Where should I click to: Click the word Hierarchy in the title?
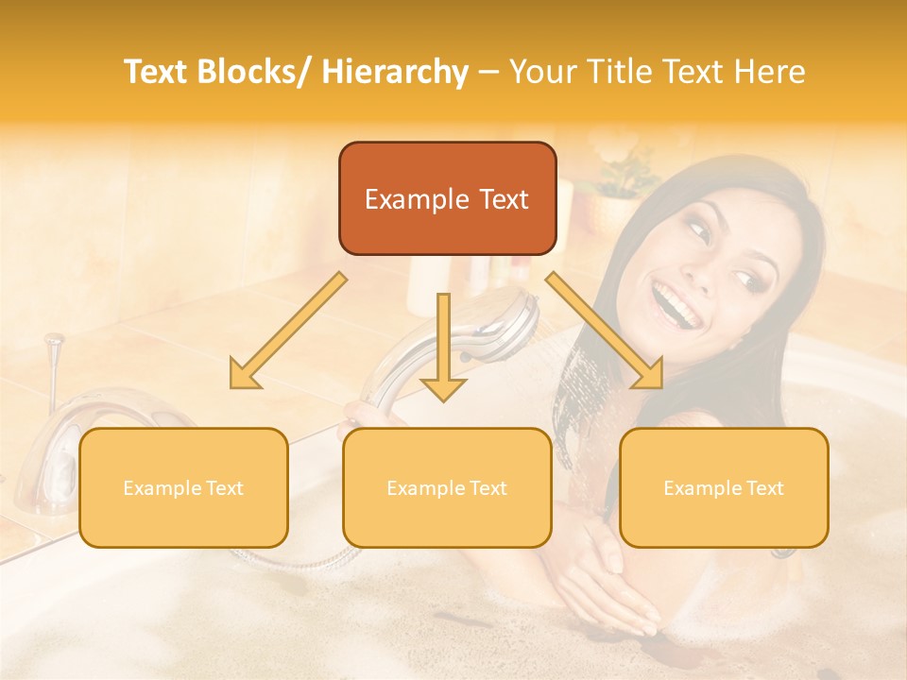[395, 72]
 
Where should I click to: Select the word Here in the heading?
[770, 72]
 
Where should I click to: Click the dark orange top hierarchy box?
[447, 198]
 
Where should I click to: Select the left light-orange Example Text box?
[183, 487]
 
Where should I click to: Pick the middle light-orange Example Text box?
[447, 487]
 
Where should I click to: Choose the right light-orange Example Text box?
[724, 487]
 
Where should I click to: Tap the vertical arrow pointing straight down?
[443, 345]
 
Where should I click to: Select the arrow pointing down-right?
[606, 331]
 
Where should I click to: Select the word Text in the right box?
[763, 488]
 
